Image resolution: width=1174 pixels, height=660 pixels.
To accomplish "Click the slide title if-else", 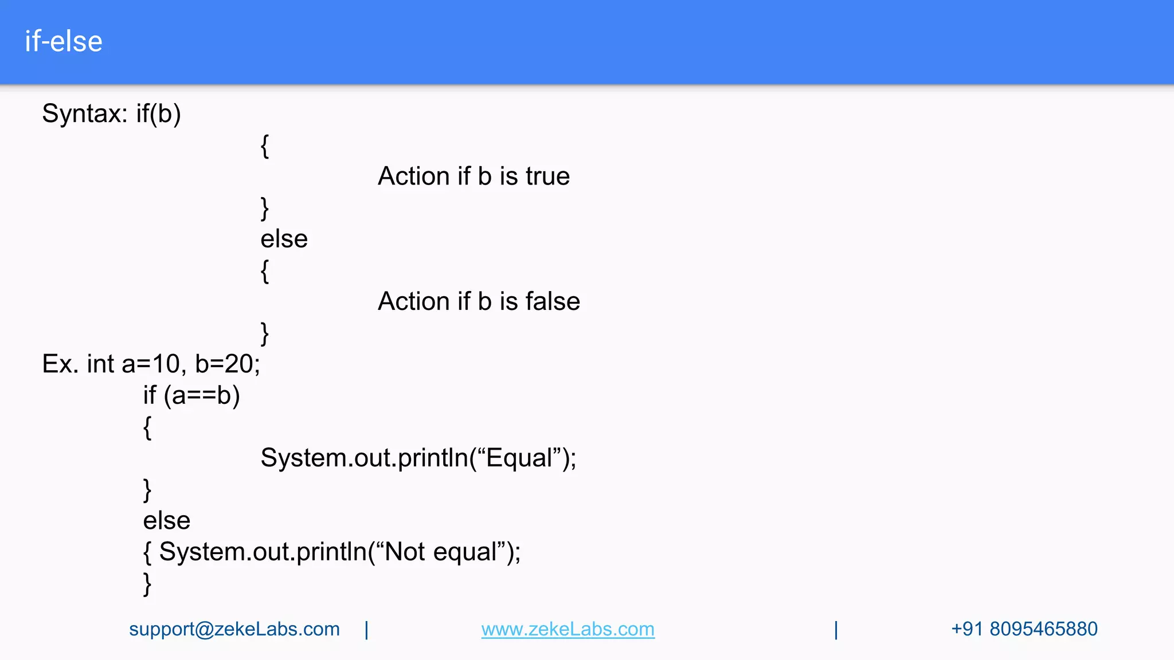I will click(x=64, y=42).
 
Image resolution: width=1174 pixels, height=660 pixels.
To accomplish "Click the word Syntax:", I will click(x=85, y=113).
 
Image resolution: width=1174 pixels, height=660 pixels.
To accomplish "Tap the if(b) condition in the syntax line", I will click(x=158, y=113).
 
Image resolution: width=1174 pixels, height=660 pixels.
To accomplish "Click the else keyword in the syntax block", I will click(x=284, y=239).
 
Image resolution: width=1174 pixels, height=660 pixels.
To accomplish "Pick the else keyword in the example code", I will click(x=166, y=521).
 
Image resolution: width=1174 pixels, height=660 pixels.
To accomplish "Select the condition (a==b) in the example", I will click(x=202, y=395).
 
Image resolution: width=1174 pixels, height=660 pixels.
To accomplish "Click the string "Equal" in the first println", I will click(x=519, y=458).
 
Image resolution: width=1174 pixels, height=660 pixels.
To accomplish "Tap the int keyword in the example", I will click(x=100, y=364).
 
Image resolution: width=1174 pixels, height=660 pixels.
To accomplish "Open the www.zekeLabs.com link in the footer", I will click(x=568, y=629).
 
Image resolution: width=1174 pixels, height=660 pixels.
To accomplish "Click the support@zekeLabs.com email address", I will click(x=234, y=629).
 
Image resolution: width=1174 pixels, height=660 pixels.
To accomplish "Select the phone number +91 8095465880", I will click(x=1024, y=629).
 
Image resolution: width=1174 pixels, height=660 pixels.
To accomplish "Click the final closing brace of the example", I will click(x=147, y=584).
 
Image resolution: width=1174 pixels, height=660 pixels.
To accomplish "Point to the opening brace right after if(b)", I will click(x=264, y=146).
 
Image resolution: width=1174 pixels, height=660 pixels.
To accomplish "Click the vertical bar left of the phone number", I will click(x=836, y=630).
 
